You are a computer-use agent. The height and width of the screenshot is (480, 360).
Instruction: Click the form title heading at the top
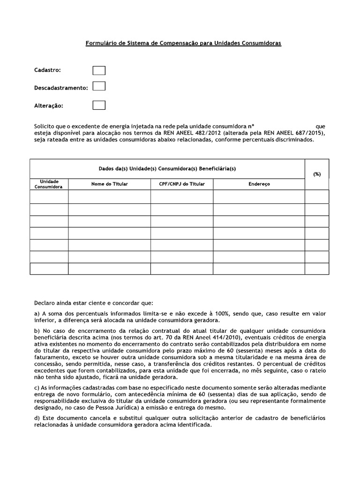(183, 43)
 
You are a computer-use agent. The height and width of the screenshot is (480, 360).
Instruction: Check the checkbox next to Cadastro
(99, 70)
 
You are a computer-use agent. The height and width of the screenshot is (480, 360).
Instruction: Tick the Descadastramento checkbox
(99, 86)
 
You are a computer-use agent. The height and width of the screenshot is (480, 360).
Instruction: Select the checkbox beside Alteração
(99, 105)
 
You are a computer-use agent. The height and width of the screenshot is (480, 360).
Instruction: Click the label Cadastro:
(48, 70)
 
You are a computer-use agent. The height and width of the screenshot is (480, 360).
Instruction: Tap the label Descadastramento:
(61, 88)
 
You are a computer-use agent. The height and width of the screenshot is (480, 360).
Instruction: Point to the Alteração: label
(49, 105)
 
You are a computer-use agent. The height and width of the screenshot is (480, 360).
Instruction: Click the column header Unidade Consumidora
(49, 184)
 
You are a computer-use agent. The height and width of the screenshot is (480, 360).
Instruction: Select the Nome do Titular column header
(109, 184)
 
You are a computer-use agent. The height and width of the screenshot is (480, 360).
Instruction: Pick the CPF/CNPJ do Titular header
(182, 184)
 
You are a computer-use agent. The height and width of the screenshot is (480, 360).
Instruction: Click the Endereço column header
(259, 184)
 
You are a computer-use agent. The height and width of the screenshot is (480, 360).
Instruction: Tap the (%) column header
(317, 174)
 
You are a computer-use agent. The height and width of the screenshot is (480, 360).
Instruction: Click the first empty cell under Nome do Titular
(109, 196)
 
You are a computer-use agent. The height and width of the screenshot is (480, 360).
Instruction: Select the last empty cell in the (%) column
(317, 269)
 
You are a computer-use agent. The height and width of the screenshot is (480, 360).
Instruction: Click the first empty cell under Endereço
(259, 196)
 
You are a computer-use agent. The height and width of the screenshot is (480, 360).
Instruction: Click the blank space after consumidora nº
(284, 127)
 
